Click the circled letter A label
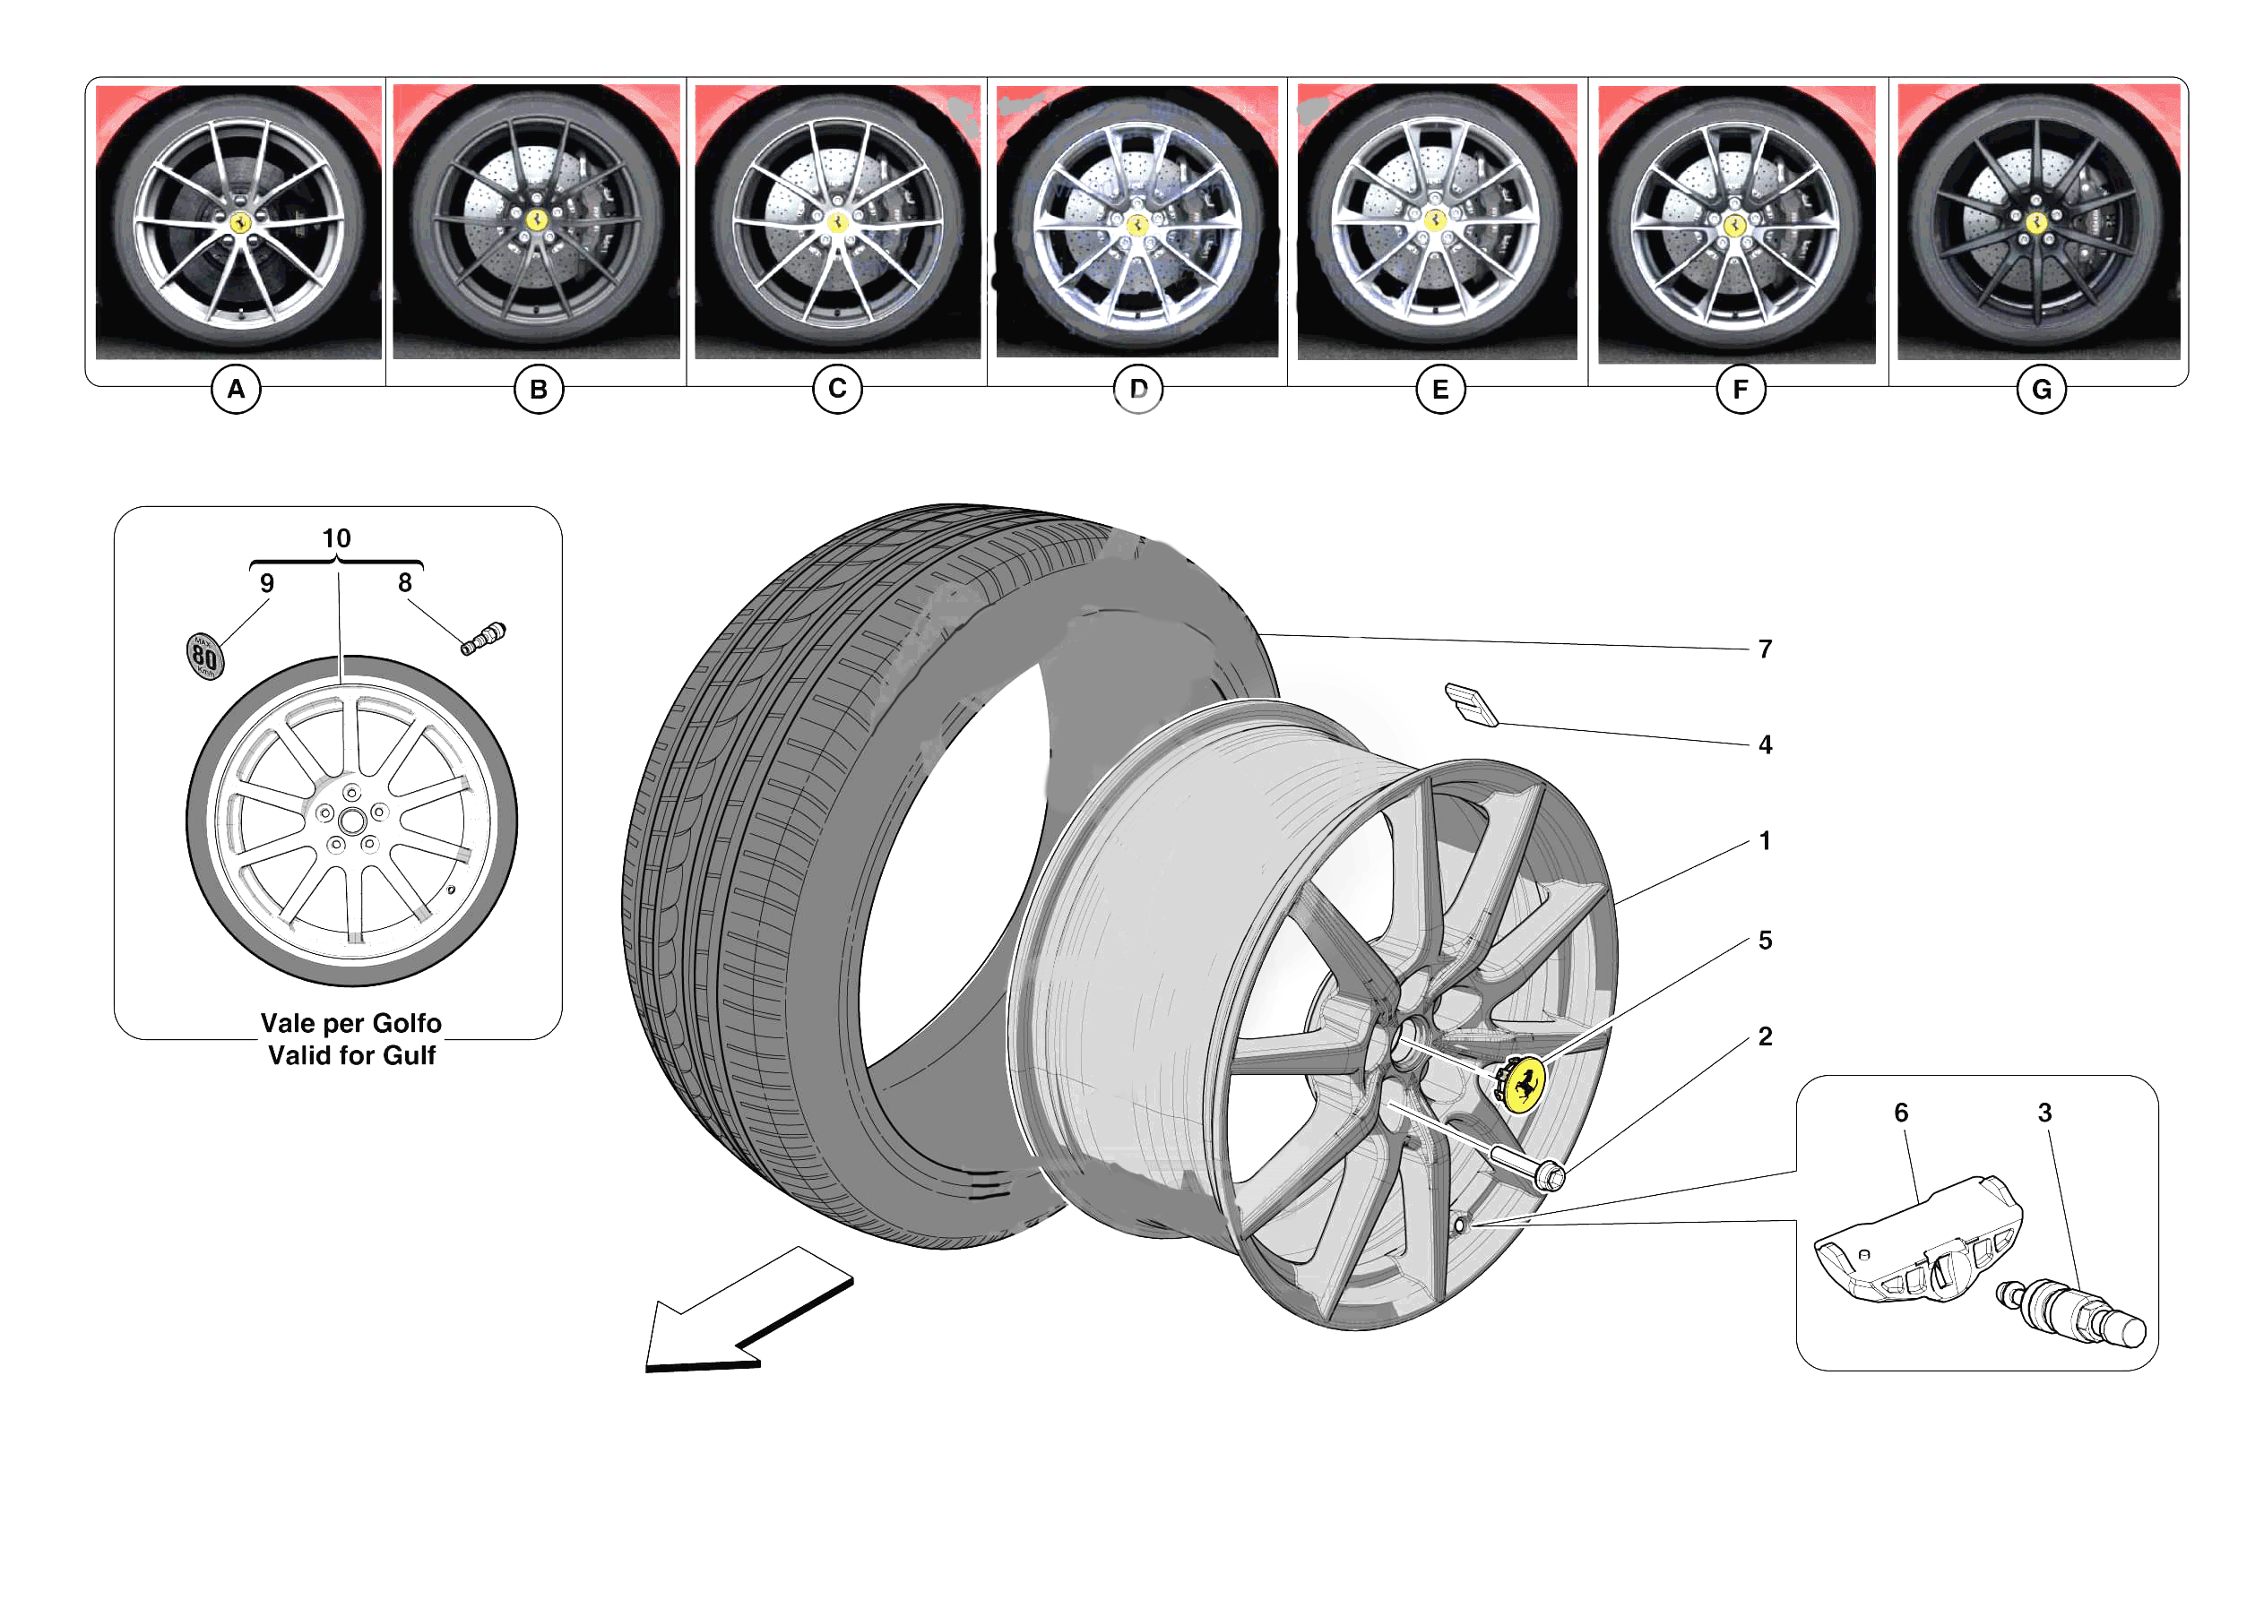(x=236, y=390)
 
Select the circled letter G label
(x=2040, y=391)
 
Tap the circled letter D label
(x=1137, y=390)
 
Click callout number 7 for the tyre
(x=1764, y=649)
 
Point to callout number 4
(x=1764, y=745)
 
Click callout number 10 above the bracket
(x=336, y=538)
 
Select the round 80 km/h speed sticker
(x=205, y=657)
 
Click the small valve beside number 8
(x=483, y=639)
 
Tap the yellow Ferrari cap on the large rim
(x=1525, y=1085)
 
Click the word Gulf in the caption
(x=408, y=1056)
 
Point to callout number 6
(x=1900, y=1113)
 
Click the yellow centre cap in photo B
(x=536, y=219)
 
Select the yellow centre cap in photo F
(x=1734, y=226)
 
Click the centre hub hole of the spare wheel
(x=351, y=821)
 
